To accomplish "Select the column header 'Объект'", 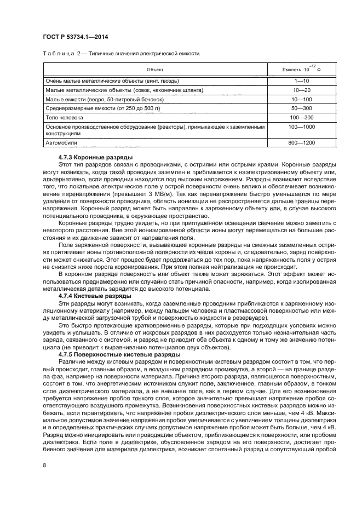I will pos(155,70).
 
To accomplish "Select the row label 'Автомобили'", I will pos(61,143).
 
